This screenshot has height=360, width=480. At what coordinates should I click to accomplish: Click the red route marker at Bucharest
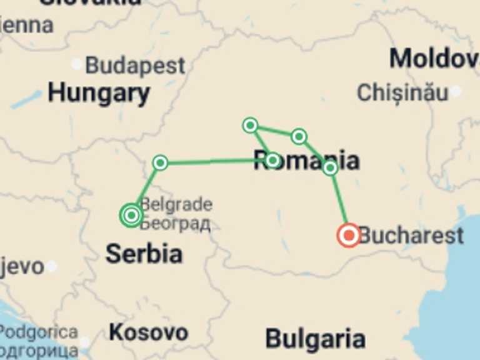[x=348, y=235]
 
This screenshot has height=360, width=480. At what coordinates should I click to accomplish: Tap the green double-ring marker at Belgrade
[x=131, y=216]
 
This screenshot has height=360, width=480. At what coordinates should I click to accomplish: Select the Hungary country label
[x=99, y=94]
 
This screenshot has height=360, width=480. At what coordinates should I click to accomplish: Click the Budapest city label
[x=135, y=66]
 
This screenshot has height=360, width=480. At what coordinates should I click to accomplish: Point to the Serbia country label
[x=144, y=254]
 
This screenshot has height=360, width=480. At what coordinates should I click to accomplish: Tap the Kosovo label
[x=148, y=332]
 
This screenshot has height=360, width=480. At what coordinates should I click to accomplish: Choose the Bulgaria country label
[x=315, y=339]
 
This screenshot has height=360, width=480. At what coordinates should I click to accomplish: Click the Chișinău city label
[x=402, y=92]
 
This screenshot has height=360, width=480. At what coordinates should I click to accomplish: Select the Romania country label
[x=306, y=161]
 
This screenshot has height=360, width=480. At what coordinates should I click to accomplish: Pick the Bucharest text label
[x=411, y=236]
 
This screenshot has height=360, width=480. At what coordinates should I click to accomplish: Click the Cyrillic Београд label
[x=175, y=223]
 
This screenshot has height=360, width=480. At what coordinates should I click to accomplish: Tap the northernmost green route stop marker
[x=250, y=126]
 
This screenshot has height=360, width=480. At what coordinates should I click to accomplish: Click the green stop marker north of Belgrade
[x=161, y=163]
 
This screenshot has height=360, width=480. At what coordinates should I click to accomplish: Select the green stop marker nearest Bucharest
[x=331, y=167]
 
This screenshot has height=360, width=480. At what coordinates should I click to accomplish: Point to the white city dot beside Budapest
[x=76, y=64]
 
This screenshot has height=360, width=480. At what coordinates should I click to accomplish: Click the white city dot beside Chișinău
[x=456, y=91]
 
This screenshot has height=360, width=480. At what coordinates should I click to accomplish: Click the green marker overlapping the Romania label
[x=272, y=161]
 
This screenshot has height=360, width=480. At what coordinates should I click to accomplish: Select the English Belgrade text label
[x=176, y=204]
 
